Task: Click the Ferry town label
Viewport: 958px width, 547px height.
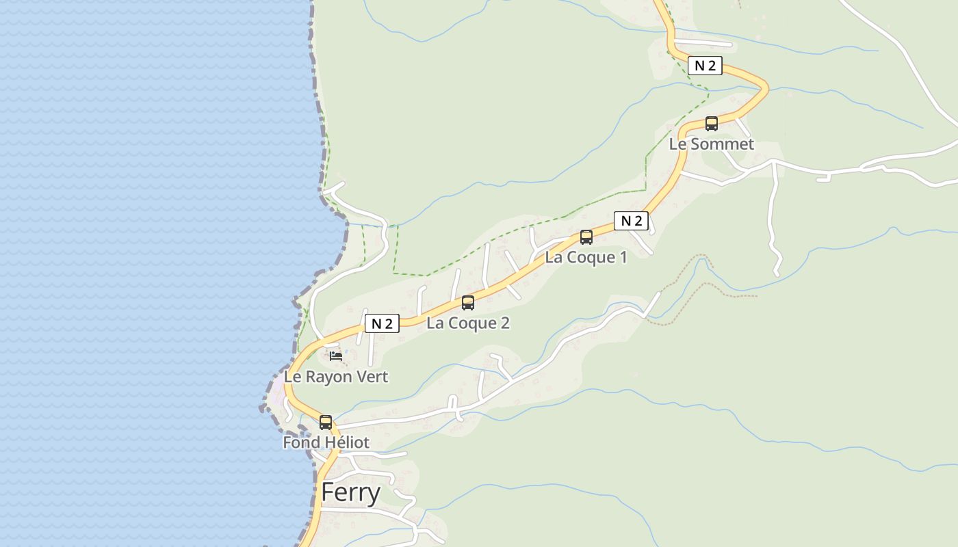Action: click(350, 492)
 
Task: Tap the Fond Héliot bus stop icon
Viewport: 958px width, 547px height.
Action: click(326, 423)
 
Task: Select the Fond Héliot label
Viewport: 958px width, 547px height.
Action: click(326, 442)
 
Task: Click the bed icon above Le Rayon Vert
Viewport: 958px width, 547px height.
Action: click(335, 356)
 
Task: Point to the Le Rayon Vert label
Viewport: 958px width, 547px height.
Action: click(336, 377)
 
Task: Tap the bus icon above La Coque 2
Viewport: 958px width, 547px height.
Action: click(468, 302)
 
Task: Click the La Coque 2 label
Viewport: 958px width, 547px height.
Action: click(468, 323)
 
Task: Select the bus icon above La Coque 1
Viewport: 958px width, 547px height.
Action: click(586, 237)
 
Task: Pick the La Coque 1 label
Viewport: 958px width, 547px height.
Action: click(586, 258)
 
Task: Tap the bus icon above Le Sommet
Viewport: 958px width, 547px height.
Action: click(712, 124)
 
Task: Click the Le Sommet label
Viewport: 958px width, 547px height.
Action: click(712, 144)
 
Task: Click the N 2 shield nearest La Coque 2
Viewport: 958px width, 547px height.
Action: click(382, 323)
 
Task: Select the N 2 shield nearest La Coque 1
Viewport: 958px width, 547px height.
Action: click(631, 221)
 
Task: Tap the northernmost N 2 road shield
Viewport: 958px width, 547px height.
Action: click(705, 66)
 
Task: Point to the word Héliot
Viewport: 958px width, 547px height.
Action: click(347, 442)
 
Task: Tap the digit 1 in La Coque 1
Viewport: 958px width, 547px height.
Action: click(623, 258)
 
